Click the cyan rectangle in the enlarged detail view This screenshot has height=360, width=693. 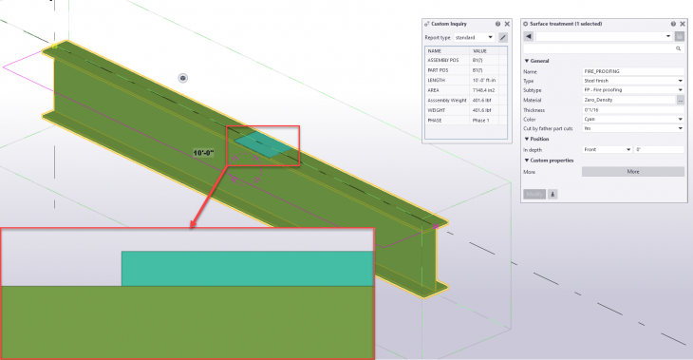247,268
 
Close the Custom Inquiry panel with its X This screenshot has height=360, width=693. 508,24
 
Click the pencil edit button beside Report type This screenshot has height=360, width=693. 503,37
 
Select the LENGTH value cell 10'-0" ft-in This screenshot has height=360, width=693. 490,80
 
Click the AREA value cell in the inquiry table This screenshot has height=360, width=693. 490,90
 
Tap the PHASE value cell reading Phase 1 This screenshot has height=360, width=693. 490,120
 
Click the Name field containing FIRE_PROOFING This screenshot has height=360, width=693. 632,71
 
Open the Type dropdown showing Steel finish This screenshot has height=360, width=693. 632,81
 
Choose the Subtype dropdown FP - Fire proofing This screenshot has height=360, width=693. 632,90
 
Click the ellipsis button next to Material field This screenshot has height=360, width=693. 680,100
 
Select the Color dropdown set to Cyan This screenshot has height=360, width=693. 632,119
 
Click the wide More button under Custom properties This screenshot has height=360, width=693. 632,172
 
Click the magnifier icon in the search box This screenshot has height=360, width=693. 678,47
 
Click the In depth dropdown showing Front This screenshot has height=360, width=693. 607,149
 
